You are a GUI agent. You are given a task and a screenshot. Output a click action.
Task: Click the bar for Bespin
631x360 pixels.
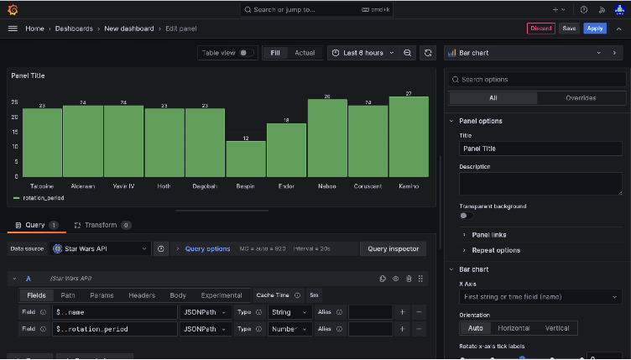point(246,157)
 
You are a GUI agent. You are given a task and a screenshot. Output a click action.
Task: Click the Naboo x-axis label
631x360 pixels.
point(327,185)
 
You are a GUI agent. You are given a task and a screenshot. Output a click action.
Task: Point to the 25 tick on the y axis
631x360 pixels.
point(14,102)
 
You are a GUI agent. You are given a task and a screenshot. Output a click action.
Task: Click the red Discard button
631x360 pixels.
point(541,28)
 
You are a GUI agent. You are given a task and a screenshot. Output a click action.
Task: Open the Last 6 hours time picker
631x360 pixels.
point(362,53)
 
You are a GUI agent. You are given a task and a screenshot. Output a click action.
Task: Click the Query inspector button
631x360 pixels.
point(393,248)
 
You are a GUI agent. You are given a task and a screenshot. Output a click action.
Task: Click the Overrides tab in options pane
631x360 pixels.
point(580,97)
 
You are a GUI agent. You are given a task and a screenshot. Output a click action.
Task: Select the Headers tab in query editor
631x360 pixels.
point(142,295)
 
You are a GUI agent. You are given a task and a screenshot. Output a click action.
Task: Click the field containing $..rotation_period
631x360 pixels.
point(113,329)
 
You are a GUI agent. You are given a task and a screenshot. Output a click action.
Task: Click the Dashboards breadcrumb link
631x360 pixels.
point(75,28)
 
